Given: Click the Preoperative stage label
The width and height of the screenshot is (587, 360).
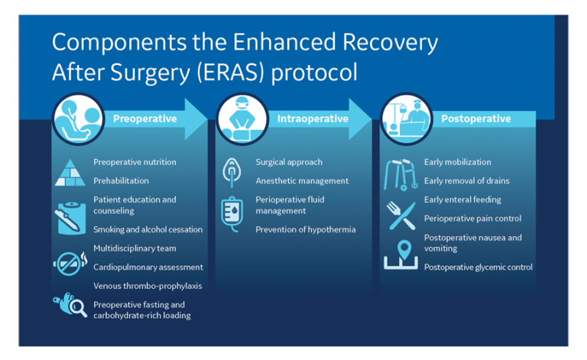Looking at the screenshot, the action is click(145, 118).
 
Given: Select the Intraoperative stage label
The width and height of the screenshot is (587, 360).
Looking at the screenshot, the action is click(313, 118).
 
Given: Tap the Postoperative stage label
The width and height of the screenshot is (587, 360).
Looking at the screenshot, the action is click(476, 118).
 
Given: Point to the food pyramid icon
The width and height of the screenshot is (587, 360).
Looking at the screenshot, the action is click(70, 173).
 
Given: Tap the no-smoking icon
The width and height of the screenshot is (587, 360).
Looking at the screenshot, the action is click(70, 263).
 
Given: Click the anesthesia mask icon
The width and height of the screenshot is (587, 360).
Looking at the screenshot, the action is click(232, 172).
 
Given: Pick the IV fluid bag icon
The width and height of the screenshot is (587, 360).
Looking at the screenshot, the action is click(232, 214).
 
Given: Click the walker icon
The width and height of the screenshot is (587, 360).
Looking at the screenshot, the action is click(401, 174).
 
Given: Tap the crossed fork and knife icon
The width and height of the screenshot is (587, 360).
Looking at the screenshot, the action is click(401, 216).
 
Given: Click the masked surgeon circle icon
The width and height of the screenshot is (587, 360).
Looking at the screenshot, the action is click(242, 119).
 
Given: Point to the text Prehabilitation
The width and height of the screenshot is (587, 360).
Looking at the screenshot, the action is click(121, 180).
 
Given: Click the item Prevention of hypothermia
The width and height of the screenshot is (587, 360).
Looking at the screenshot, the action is click(306, 229).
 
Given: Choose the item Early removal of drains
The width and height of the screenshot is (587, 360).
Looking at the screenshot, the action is click(467, 180).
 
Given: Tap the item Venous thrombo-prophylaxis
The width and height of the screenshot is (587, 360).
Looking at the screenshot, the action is click(148, 286).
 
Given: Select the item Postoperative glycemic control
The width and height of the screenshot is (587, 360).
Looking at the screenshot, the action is click(478, 268).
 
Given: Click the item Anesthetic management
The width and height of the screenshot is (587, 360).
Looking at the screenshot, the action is click(302, 180).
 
